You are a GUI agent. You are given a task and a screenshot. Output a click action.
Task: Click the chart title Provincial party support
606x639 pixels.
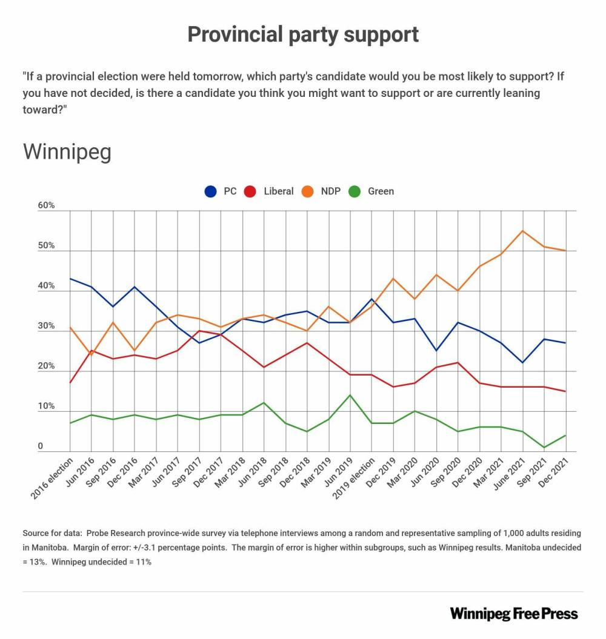tap(303, 35)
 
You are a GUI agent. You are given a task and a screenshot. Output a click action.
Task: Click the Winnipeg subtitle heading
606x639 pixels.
tap(67, 151)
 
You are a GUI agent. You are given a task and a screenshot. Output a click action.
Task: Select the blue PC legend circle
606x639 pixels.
tap(211, 191)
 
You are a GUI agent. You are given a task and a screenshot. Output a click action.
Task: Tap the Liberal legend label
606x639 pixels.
tap(278, 191)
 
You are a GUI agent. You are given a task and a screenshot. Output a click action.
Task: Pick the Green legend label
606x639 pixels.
tap(381, 191)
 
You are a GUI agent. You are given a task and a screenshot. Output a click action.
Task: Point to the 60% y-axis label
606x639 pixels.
tap(46, 206)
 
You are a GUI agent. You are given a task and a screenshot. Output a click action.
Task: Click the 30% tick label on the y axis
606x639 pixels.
tap(46, 326)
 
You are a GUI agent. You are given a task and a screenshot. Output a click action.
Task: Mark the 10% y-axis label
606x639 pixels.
tap(46, 407)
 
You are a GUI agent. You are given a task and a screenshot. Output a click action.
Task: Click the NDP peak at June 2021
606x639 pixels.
tap(522, 231)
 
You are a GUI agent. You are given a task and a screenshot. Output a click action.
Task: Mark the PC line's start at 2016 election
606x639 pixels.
tap(70, 279)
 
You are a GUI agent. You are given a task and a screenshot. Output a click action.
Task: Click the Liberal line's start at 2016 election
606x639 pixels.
tap(70, 383)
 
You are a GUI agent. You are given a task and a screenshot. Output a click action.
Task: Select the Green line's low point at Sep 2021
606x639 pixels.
tap(544, 448)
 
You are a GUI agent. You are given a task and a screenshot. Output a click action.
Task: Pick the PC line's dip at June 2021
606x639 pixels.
tap(522, 363)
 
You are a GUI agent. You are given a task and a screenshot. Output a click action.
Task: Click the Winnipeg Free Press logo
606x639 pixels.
tap(514, 614)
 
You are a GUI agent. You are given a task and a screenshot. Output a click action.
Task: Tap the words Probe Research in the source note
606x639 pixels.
tap(116, 534)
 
